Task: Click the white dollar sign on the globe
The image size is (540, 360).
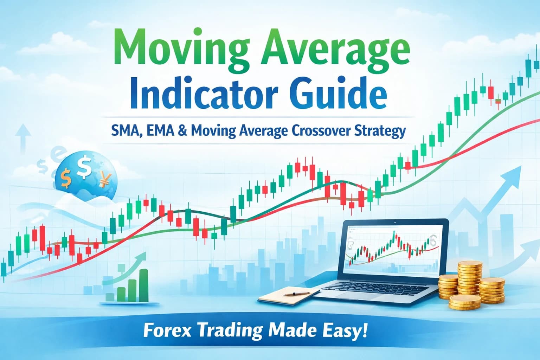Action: click(84, 168)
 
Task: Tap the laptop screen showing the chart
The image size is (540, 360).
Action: click(392, 250)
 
